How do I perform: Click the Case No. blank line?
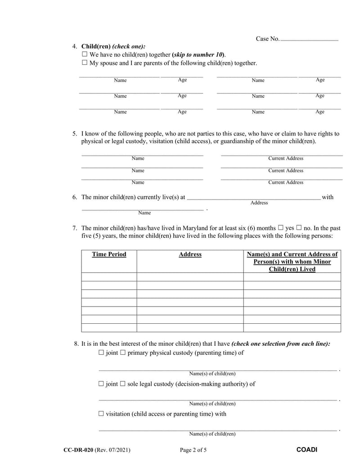coord(309,40)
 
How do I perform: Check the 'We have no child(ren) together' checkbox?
coord(85,54)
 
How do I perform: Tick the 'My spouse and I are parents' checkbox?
coord(85,63)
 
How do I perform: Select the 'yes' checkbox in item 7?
coord(281,228)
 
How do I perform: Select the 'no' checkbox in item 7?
coord(299,228)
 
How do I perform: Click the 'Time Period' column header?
coord(109,254)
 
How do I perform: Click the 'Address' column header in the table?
coord(190,254)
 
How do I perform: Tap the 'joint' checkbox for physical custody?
coord(101,353)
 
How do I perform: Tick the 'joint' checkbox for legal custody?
coord(101,384)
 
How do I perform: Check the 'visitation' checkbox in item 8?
coord(101,414)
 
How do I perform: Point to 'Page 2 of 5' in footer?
coord(193,450)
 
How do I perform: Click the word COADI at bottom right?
coord(307,450)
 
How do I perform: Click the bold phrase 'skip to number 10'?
coord(198,54)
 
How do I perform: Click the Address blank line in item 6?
coord(253,197)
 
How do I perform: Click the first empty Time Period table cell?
coord(109,277)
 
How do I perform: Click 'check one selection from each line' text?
coord(280,344)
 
